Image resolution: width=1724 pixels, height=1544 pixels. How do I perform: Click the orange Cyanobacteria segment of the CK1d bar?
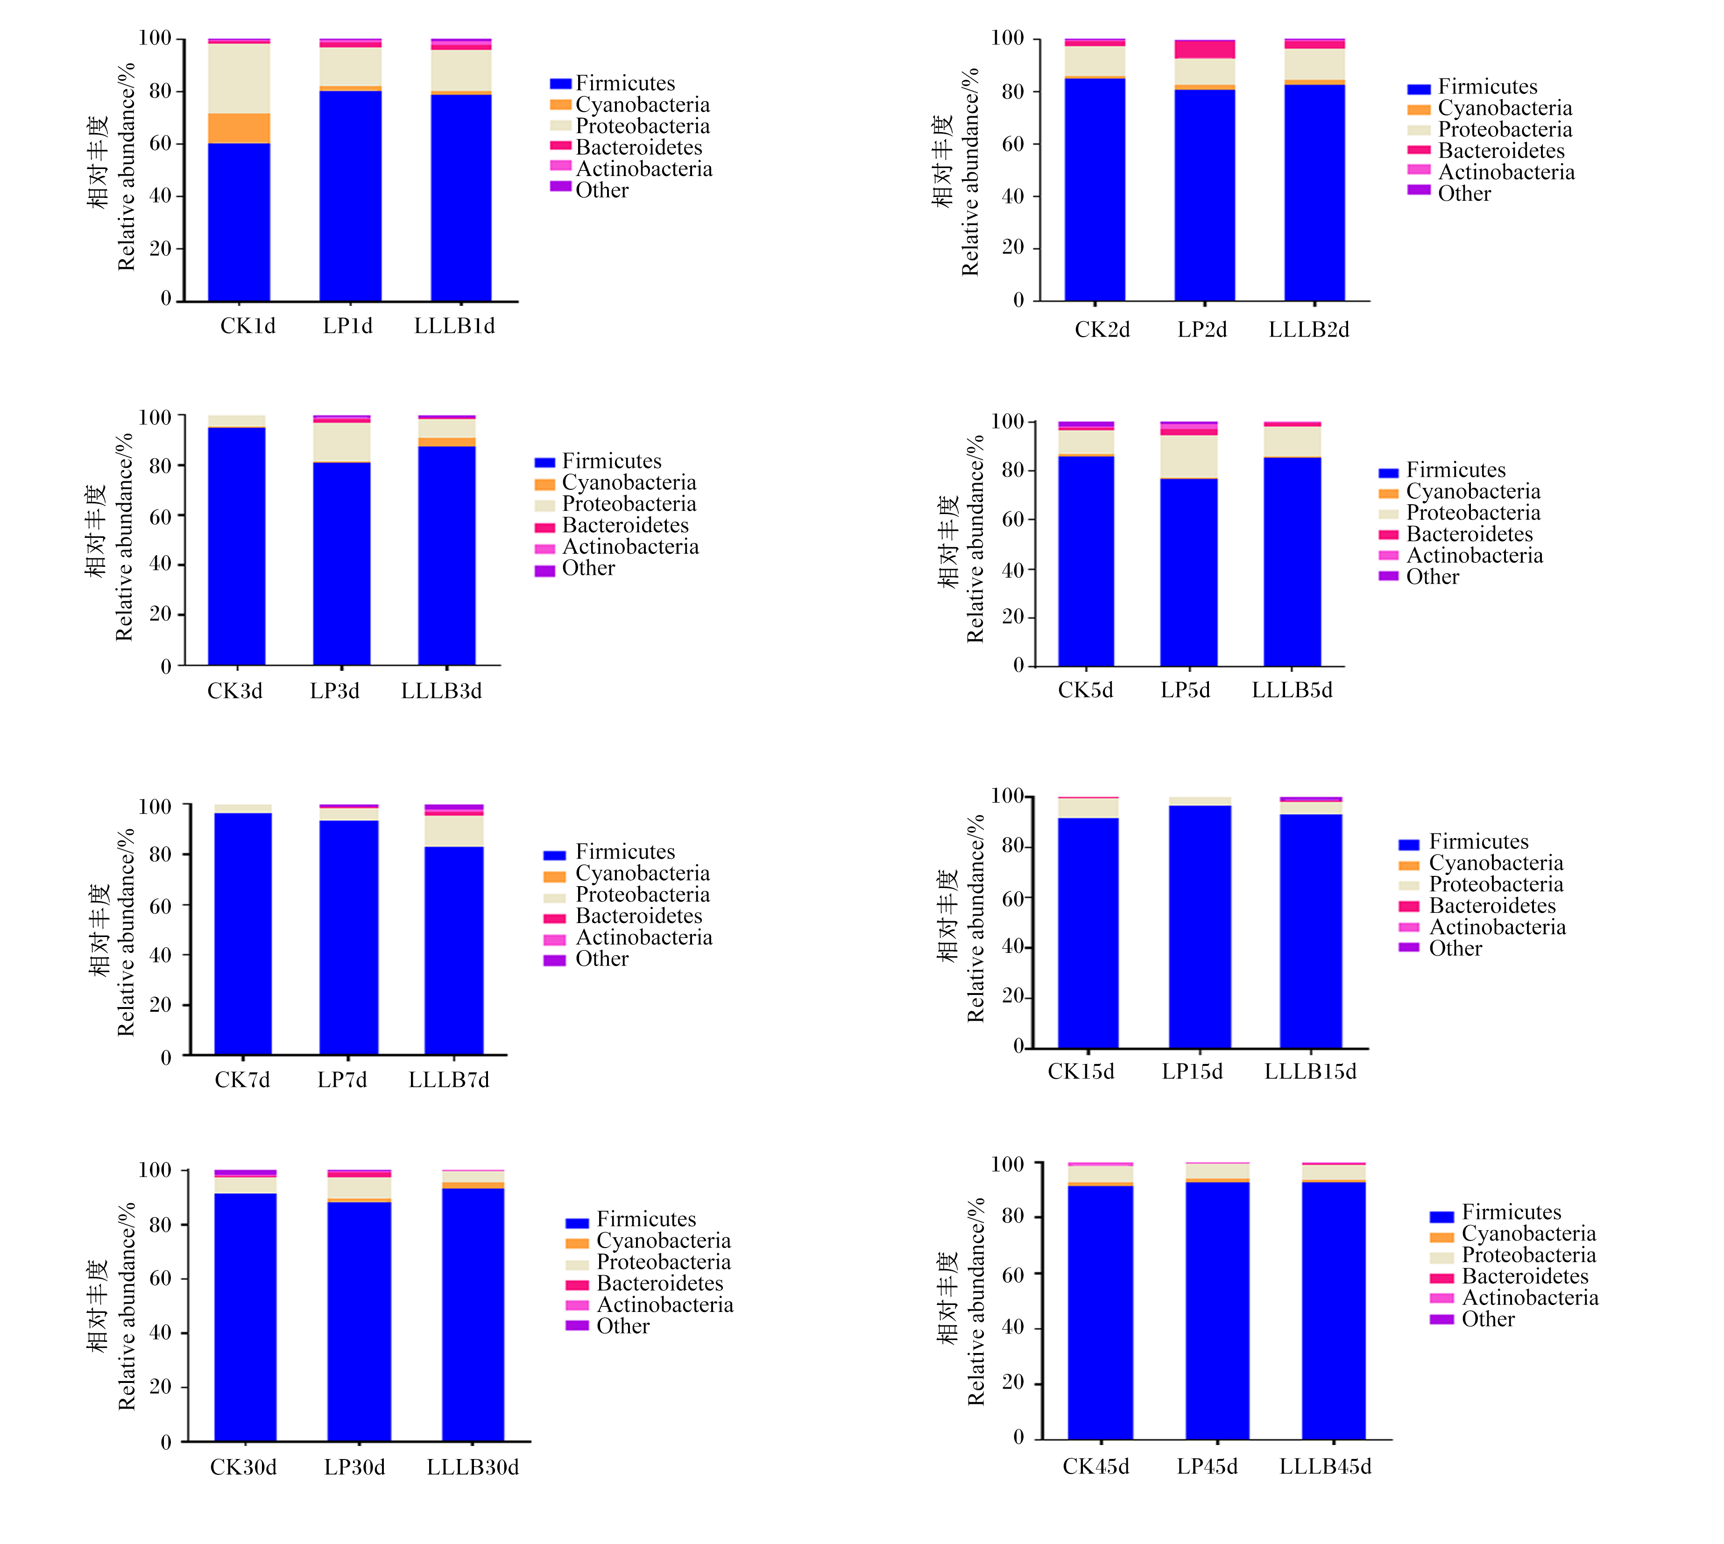coord(239,128)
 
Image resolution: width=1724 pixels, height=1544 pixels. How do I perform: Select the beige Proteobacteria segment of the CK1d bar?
coord(239,78)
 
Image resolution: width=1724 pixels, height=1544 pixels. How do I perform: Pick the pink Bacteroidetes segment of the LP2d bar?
coord(1205,49)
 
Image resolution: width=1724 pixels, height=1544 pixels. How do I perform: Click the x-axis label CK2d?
coord(1102,330)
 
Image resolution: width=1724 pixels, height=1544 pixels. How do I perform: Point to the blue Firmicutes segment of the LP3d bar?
coord(342,564)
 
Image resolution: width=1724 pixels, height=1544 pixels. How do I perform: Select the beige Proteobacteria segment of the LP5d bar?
coord(1189,457)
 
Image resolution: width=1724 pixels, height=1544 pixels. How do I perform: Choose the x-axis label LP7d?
coord(342,1080)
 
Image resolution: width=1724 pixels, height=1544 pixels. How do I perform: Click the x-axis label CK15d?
coord(1081,1072)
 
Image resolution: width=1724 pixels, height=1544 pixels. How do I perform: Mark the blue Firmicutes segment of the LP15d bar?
coord(1200,926)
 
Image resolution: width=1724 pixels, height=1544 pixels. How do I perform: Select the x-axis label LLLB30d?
coord(473,1467)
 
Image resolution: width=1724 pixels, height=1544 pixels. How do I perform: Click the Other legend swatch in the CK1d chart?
coord(560,186)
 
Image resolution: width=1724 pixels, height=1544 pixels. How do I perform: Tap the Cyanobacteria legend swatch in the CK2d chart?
coord(1419,109)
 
